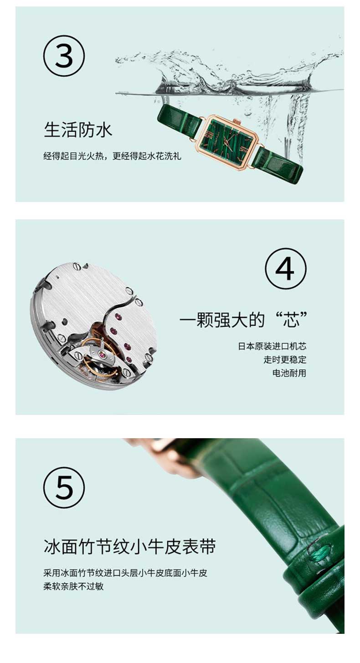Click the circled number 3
(64, 56)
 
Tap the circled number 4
(285, 269)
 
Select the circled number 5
(64, 488)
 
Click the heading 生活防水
(78, 130)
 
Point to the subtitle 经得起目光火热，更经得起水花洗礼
(112, 155)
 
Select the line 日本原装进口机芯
(272, 346)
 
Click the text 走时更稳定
(285, 360)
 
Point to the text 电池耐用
(289, 373)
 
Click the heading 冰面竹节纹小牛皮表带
(129, 546)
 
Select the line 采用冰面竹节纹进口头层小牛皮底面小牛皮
(125, 573)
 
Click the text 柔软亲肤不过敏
(73, 586)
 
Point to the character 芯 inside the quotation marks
(291, 320)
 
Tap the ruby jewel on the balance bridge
(103, 354)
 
